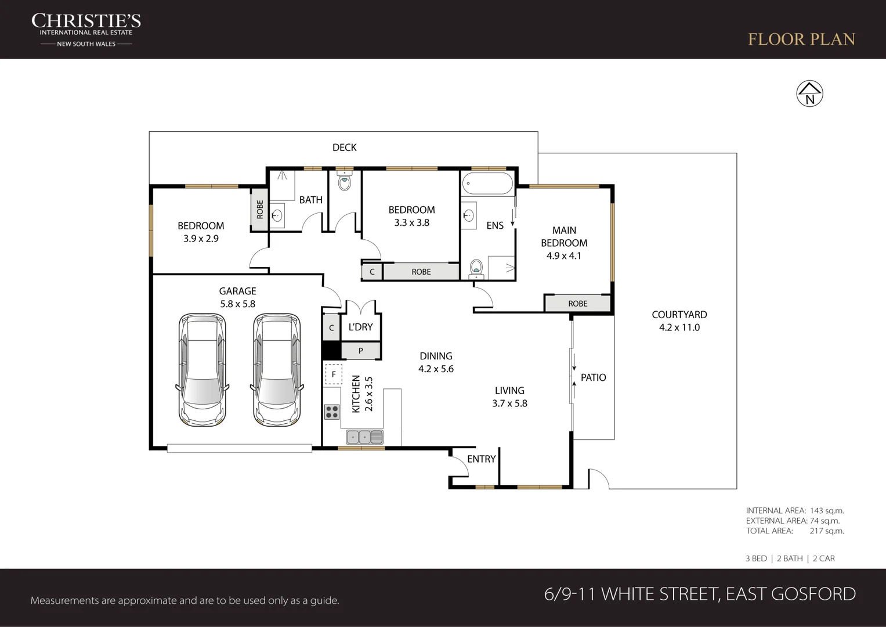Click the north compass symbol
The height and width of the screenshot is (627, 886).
(x=809, y=94)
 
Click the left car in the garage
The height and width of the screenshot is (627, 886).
(x=202, y=370)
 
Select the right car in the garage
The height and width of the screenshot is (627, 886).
(x=277, y=370)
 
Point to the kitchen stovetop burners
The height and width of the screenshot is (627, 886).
(x=332, y=412)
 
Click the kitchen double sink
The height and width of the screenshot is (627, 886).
(x=365, y=437)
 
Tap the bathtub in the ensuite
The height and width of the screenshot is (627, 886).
(x=488, y=183)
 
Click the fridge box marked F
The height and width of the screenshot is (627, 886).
(x=334, y=374)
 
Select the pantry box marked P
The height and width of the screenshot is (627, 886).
(x=361, y=351)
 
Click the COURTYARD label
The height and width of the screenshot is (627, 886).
(x=679, y=315)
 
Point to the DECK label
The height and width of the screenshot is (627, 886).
(x=345, y=147)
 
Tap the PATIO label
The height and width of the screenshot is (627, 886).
(x=594, y=377)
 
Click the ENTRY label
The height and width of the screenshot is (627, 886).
(x=482, y=459)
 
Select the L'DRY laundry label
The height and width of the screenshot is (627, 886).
(x=360, y=327)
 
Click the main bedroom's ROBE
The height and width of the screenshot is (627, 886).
(x=577, y=304)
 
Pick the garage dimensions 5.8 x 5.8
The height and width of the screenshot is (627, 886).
(x=238, y=304)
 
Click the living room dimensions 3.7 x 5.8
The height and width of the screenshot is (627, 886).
(x=509, y=403)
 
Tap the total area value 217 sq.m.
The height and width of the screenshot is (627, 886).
(x=827, y=531)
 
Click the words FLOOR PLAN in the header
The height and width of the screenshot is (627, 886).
(x=801, y=39)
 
